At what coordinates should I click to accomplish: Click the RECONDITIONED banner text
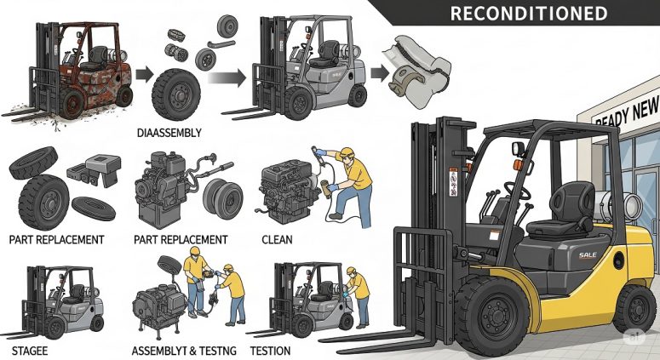(x=528, y=14)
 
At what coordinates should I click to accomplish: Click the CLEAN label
(x=277, y=240)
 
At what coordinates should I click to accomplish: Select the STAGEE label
(x=30, y=350)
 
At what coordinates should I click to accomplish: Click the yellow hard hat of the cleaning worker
(x=347, y=152)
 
